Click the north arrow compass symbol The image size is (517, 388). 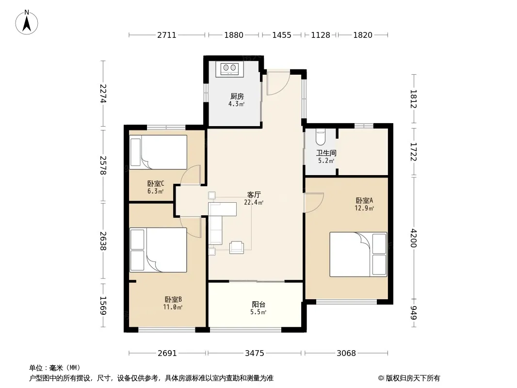click(x=27, y=22)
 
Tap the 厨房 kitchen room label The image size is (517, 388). click(x=237, y=96)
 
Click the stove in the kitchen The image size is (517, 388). click(x=230, y=69)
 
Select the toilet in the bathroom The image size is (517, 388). click(x=321, y=137)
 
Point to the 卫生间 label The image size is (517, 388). click(x=326, y=153)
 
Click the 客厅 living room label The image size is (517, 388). click(x=254, y=194)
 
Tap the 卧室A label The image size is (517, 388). click(x=364, y=200)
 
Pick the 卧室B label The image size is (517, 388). click(x=173, y=299)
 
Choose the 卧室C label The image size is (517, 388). click(x=156, y=184)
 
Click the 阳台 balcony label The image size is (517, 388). click(x=258, y=304)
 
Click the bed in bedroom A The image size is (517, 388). click(x=358, y=254)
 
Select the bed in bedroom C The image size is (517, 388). click(x=158, y=152)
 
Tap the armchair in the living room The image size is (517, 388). click(x=237, y=247)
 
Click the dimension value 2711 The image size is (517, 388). click(x=167, y=35)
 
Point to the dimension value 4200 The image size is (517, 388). click(x=414, y=238)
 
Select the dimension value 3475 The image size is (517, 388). click(x=255, y=354)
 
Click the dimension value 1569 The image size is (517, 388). click(x=103, y=305)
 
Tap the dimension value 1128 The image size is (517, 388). click(x=321, y=35)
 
